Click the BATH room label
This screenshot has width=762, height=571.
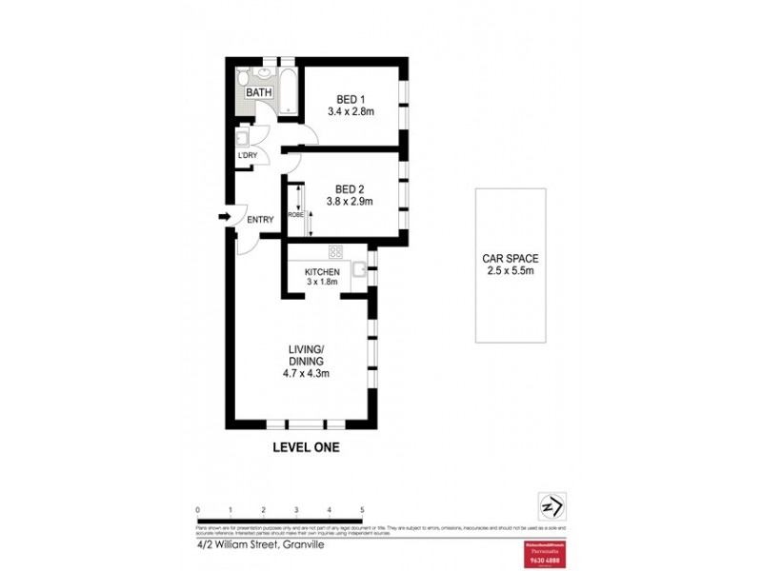pos(259,92)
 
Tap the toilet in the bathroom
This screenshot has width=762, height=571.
pos(244,78)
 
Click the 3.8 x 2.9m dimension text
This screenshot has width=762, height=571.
pos(350,201)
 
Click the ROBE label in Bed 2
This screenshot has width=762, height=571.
pos(296,214)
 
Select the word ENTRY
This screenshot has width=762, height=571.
pos(260,220)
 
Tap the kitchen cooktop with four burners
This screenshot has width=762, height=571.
pos(335,252)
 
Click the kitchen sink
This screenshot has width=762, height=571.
pos(359,271)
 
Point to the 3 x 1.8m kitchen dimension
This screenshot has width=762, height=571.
pos(322,283)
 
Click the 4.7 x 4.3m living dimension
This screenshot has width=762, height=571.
pos(308,373)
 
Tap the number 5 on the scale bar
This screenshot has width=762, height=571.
pos(362,510)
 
